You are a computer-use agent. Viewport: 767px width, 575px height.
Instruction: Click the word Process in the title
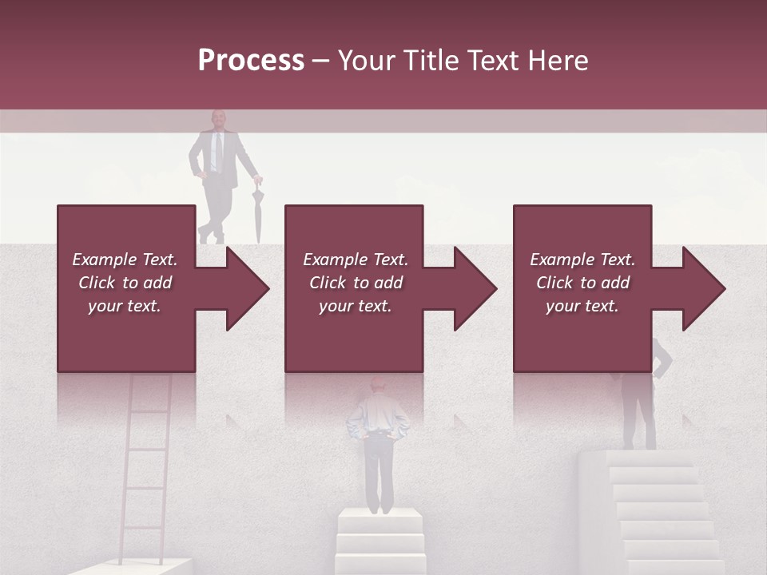click(x=251, y=61)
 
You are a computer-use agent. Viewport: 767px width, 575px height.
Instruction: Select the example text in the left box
click(x=125, y=283)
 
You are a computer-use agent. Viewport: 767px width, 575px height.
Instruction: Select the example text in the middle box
click(x=355, y=283)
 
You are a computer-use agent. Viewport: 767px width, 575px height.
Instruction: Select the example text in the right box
click(x=582, y=283)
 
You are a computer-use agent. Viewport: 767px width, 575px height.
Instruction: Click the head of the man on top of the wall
click(x=217, y=120)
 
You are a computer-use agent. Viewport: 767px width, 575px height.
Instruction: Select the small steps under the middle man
click(x=379, y=543)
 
